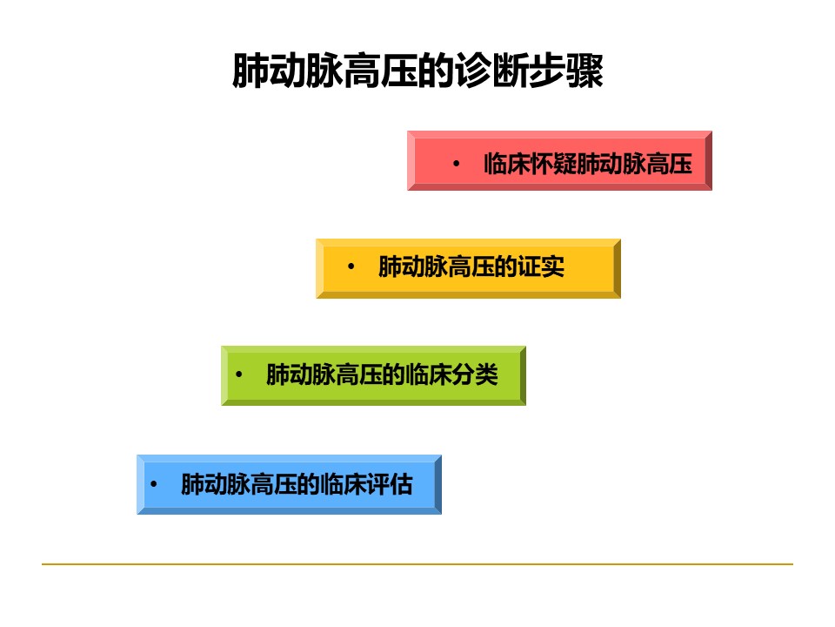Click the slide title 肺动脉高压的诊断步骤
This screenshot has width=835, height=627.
click(418, 71)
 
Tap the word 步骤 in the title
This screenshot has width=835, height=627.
click(566, 71)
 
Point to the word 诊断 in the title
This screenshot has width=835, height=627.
click(492, 71)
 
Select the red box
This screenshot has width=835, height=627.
click(559, 160)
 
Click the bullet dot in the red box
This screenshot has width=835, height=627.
click(456, 164)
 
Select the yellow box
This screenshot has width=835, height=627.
click(468, 268)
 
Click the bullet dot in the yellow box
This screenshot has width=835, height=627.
click(351, 266)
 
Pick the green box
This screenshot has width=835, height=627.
click(373, 375)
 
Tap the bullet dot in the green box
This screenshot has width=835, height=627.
click(238, 374)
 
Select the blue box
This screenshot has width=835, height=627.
click(289, 484)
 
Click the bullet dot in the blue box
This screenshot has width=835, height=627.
click(153, 484)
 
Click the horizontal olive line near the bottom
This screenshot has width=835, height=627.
click(417, 563)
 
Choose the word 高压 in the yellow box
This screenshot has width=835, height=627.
click(471, 266)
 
